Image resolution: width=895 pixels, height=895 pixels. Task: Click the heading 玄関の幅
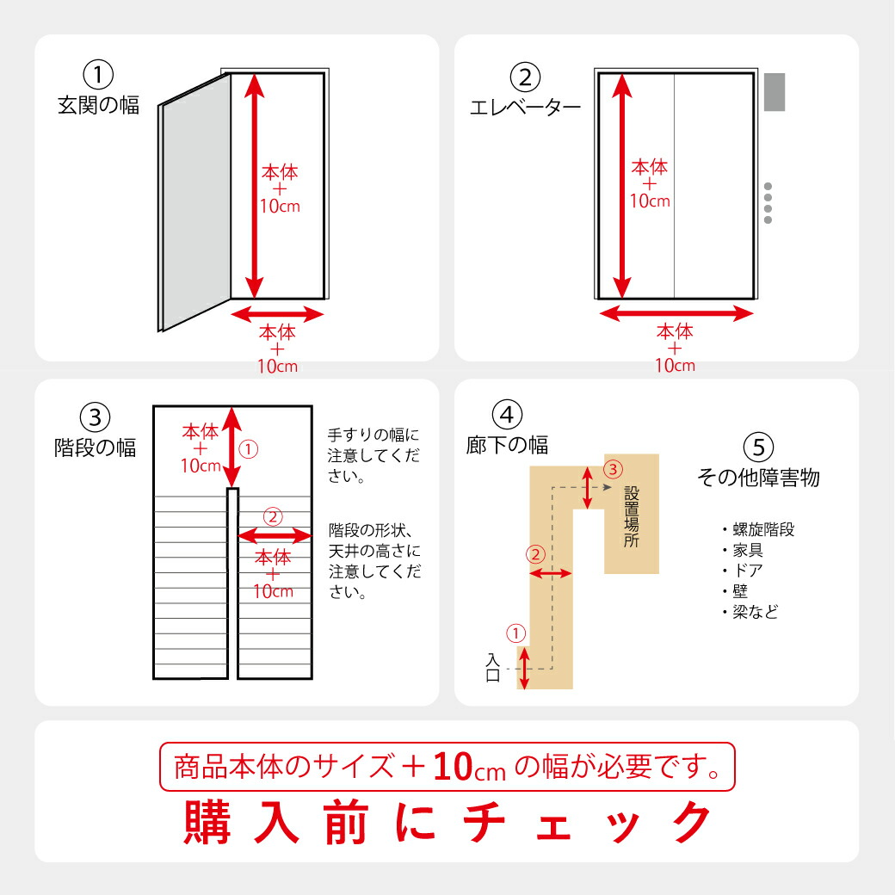point(98,107)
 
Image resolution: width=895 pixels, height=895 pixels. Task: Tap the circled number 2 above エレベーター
point(525,77)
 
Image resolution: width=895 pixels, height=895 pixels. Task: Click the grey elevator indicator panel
point(775,92)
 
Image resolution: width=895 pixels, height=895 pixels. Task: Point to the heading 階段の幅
point(95,448)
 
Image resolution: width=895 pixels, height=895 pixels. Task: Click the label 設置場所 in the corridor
point(632,516)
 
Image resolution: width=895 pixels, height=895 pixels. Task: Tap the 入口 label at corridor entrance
point(493,668)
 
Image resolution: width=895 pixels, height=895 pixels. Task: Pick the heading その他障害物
point(757,478)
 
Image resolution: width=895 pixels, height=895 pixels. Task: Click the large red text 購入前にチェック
point(447,823)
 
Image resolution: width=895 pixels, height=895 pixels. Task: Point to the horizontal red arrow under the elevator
point(676,314)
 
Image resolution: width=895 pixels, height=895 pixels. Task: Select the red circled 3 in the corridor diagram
point(611,469)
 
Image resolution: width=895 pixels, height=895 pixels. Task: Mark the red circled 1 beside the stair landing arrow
point(247,448)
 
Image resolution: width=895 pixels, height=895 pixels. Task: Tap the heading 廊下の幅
point(507,445)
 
